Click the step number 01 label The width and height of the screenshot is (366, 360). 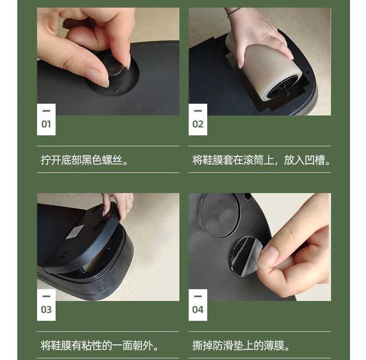(x=46, y=124)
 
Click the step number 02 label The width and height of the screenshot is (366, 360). (x=198, y=124)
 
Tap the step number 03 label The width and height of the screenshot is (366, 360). (x=46, y=309)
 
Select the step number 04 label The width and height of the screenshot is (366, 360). (x=198, y=309)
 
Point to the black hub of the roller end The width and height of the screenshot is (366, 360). (x=283, y=88)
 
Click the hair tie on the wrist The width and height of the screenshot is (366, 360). (x=234, y=12)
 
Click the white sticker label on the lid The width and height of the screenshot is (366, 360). (x=75, y=232)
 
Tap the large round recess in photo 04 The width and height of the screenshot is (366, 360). (x=220, y=215)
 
